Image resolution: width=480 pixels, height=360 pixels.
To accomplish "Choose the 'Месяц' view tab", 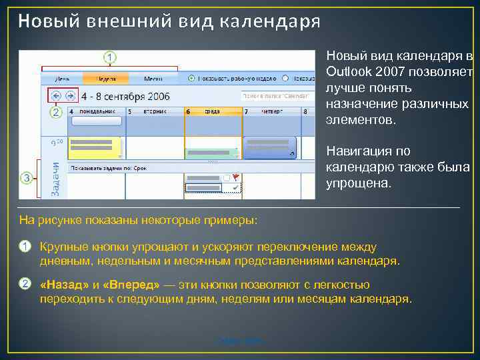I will click(x=152, y=77).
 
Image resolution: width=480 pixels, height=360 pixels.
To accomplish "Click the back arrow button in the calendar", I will click(x=55, y=95).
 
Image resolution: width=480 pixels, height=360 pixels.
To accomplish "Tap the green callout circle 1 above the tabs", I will click(x=110, y=57).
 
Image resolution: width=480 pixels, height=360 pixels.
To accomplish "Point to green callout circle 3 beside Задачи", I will click(x=26, y=178).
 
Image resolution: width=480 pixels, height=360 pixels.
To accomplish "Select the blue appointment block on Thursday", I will click(x=269, y=147).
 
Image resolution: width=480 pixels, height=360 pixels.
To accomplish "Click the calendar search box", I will click(x=276, y=95).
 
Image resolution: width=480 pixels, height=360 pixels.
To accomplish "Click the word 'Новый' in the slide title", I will click(x=41, y=21).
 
